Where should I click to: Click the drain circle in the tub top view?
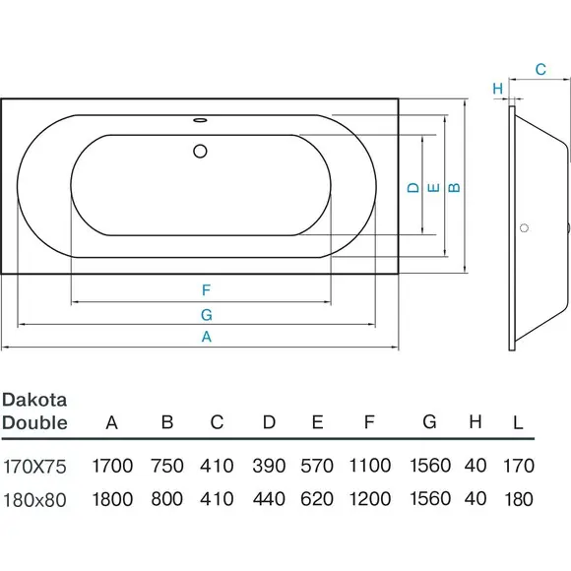pyautogui.click(x=200, y=151)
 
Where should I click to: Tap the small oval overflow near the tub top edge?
pyautogui.click(x=200, y=120)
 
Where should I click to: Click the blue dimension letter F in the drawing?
pyautogui.click(x=206, y=290)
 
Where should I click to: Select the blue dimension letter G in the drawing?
pyautogui.click(x=207, y=315)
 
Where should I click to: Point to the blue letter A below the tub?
pyautogui.click(x=207, y=337)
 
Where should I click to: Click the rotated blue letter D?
pyautogui.click(x=413, y=187)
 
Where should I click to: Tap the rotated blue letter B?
pyautogui.click(x=454, y=187)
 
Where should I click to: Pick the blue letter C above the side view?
pyautogui.click(x=540, y=69)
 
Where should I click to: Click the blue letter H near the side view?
pyautogui.click(x=498, y=89)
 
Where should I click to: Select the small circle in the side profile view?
pyautogui.click(x=524, y=228)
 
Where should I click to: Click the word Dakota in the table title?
pyautogui.click(x=34, y=401)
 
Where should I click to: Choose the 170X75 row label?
pyautogui.click(x=35, y=467)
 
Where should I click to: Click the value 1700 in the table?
pyautogui.click(x=112, y=466)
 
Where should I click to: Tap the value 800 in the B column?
pyautogui.click(x=166, y=499)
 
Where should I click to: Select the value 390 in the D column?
pyautogui.click(x=269, y=466)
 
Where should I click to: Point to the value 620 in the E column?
pyautogui.click(x=317, y=499)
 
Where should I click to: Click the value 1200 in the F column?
pyautogui.click(x=370, y=499)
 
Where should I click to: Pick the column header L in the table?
pyautogui.click(x=518, y=422)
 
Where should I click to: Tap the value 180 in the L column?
pyautogui.click(x=519, y=499)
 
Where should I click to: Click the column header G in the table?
pyautogui.click(x=429, y=422)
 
